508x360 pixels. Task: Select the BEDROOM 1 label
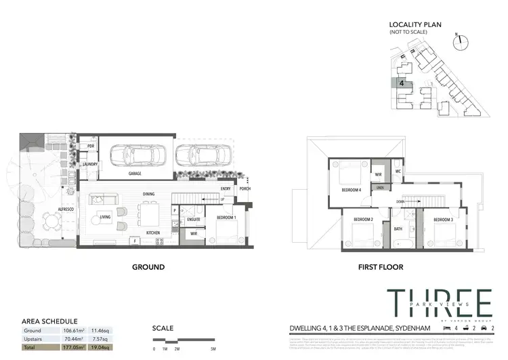[x=226, y=217]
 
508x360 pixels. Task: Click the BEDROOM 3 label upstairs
[x=443, y=220]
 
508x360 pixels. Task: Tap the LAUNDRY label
[x=90, y=164]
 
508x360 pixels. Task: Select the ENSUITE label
[x=193, y=219]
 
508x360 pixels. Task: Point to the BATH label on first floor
[x=398, y=229]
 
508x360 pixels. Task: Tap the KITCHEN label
[x=152, y=233]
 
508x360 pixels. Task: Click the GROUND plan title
[x=148, y=267]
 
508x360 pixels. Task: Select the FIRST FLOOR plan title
[x=383, y=268]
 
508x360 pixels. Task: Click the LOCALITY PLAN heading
[x=415, y=24]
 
